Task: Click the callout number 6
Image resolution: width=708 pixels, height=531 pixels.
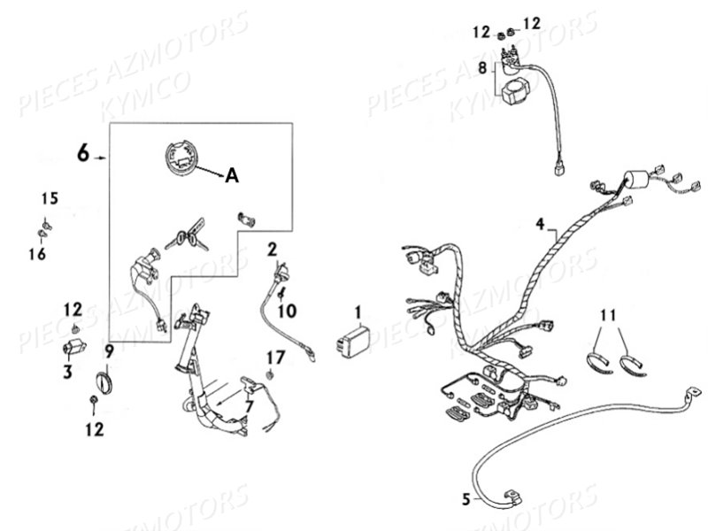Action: (x=83, y=152)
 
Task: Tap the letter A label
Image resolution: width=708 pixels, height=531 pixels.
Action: (x=232, y=175)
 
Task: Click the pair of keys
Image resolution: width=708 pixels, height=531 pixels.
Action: (x=187, y=235)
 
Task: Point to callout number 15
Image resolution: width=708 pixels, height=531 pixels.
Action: (x=50, y=198)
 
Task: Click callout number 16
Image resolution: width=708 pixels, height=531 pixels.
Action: (x=37, y=254)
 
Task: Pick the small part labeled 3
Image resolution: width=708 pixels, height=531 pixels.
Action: (x=73, y=349)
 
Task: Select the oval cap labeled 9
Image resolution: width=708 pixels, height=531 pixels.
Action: (x=105, y=383)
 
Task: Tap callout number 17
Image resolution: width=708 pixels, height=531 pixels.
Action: (x=275, y=358)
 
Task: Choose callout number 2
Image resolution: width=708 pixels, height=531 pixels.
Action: (x=272, y=250)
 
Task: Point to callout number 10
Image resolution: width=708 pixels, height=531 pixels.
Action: (x=287, y=311)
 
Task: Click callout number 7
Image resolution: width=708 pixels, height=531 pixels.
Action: (x=249, y=406)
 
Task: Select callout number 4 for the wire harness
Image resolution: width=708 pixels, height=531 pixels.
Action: (x=541, y=224)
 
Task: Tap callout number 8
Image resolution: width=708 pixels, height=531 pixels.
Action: (x=482, y=68)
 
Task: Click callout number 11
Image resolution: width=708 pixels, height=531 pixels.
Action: (x=608, y=315)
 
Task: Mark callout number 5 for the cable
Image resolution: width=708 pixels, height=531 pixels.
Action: (x=466, y=499)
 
